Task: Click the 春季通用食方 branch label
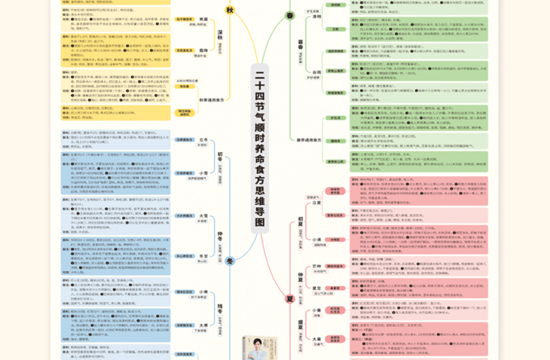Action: (308, 140)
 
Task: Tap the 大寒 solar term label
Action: (202, 327)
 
